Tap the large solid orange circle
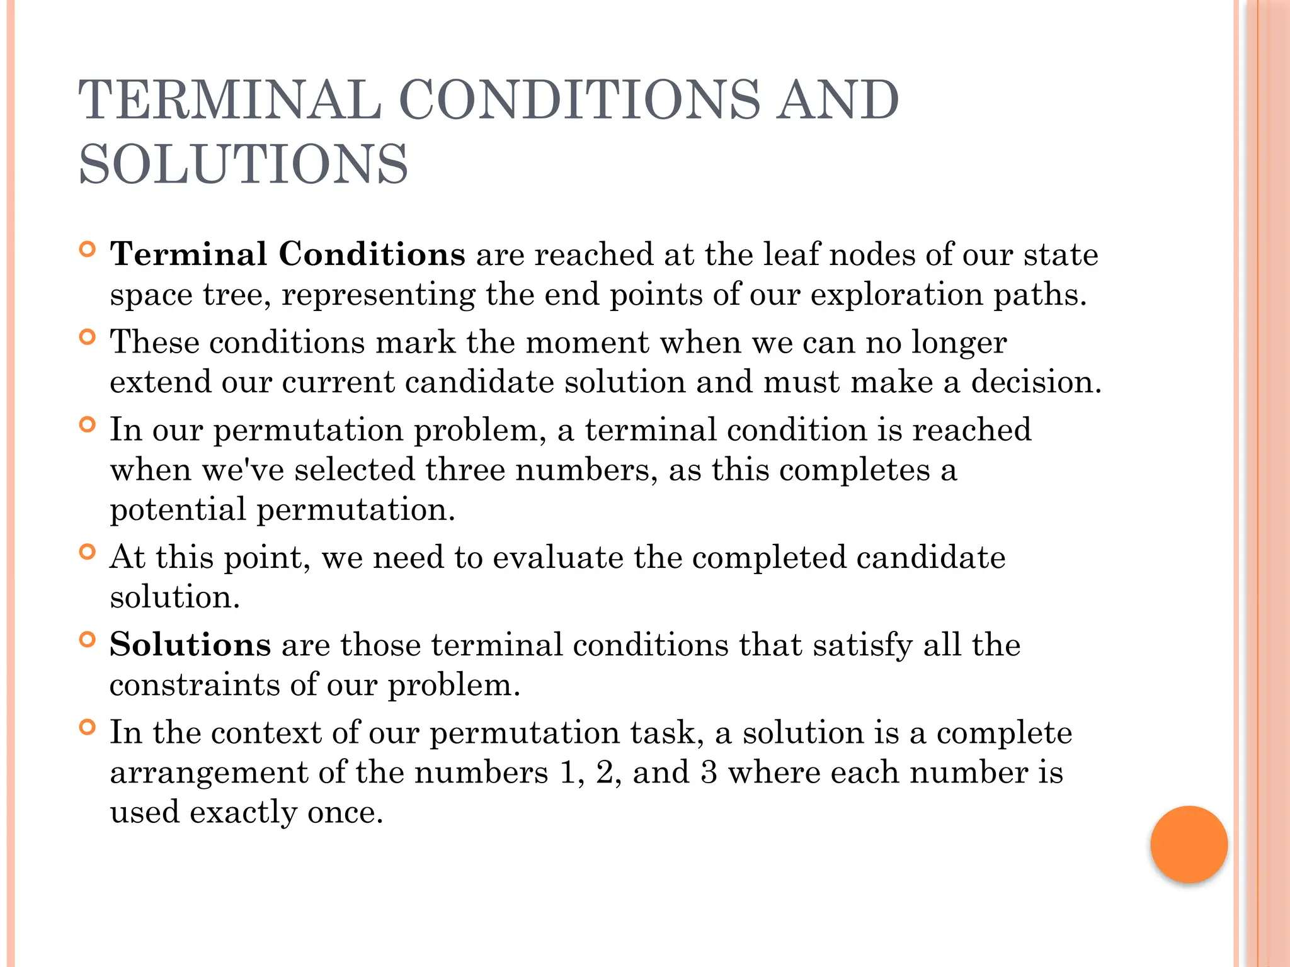[x=1189, y=844]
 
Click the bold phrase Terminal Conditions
[x=288, y=254]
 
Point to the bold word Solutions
[x=190, y=645]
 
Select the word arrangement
[x=209, y=772]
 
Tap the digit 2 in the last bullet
[x=605, y=772]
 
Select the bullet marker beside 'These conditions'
[x=88, y=337]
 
